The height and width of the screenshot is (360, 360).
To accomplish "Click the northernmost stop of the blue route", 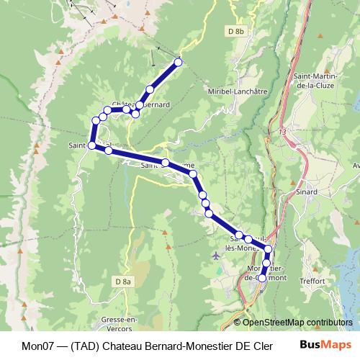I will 179,62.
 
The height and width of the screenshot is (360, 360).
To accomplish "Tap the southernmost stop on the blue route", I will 261,277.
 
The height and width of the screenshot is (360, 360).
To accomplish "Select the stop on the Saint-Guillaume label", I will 165,163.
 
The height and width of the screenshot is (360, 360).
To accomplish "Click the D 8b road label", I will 235,32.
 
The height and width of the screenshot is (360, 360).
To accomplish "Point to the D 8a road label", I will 123,282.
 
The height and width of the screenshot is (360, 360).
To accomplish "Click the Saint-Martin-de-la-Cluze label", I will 318,79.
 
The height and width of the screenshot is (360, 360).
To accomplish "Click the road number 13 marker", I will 282,132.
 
